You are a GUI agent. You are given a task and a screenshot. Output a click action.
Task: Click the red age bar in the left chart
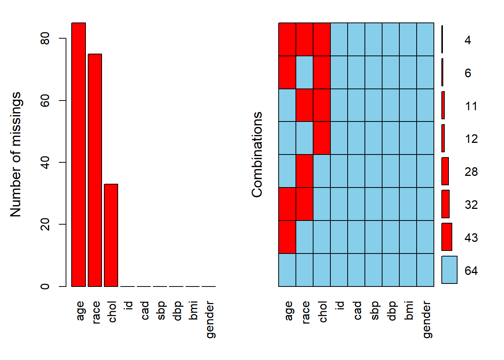pyautogui.click(x=79, y=154)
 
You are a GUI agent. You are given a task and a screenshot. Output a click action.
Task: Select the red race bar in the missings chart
pyautogui.click(x=95, y=170)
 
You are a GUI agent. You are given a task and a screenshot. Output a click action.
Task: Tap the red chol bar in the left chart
pyautogui.click(x=111, y=235)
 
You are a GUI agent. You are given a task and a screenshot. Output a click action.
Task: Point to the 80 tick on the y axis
pyautogui.click(x=45, y=38)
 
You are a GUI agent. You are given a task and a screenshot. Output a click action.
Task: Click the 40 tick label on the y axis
pyautogui.click(x=45, y=162)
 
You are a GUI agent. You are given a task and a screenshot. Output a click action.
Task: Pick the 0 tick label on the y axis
pyautogui.click(x=45, y=286)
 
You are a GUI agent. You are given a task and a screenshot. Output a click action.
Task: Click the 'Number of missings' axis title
pyautogui.click(x=16, y=154)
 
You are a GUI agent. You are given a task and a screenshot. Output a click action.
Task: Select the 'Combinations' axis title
pyautogui.click(x=257, y=154)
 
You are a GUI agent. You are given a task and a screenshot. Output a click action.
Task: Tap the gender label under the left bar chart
pyautogui.click(x=210, y=319)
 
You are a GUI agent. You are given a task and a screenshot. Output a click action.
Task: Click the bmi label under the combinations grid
pyautogui.click(x=409, y=310)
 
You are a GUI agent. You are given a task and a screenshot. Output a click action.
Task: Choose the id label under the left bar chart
pyautogui.click(x=128, y=305)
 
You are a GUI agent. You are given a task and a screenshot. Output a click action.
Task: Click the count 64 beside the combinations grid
pyautogui.click(x=471, y=271)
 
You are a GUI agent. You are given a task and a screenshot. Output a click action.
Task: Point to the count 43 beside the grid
pyautogui.click(x=471, y=238)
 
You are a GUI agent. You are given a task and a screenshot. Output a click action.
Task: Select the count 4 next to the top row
pyautogui.click(x=468, y=40)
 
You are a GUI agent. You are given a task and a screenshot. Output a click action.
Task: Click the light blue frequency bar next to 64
pyautogui.click(x=449, y=270)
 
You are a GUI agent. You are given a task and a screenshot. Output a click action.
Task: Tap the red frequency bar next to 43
pyautogui.click(x=447, y=237)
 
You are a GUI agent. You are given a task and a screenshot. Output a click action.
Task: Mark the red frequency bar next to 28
pyautogui.click(x=445, y=171)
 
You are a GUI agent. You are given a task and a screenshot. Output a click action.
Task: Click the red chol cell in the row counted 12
pyautogui.click(x=322, y=138)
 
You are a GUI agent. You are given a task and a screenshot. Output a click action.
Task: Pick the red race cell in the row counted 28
pyautogui.click(x=304, y=171)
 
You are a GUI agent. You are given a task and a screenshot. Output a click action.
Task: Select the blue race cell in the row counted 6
pyautogui.click(x=304, y=72)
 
